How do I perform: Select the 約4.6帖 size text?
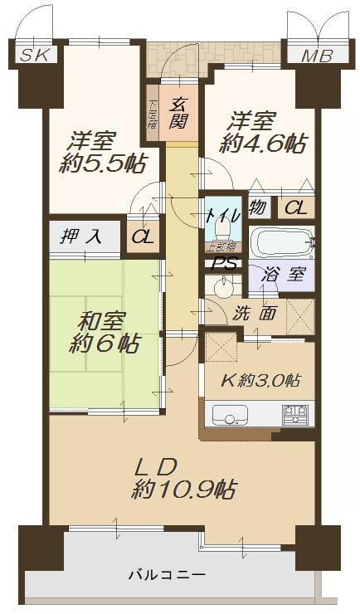click(x=261, y=143)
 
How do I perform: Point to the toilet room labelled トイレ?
click(x=222, y=217)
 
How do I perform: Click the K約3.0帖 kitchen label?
click(x=261, y=380)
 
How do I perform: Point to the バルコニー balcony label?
click(x=166, y=574)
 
